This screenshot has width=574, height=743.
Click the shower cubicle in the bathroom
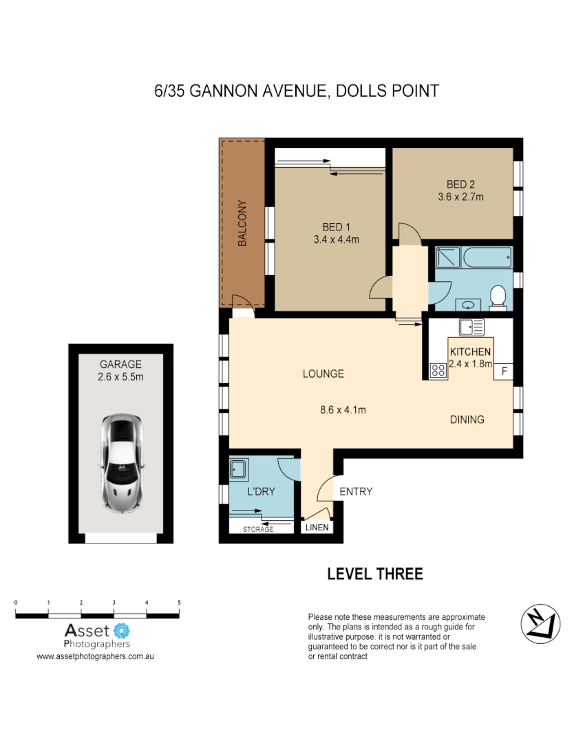tap(447, 259)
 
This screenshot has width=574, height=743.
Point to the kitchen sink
tap(471, 327)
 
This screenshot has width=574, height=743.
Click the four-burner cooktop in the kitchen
tap(438, 370)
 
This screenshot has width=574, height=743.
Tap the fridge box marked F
tap(504, 371)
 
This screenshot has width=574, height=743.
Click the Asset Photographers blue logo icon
tap(122, 629)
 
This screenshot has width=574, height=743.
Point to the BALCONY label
tap(242, 224)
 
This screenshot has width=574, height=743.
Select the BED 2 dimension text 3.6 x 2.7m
tap(460, 197)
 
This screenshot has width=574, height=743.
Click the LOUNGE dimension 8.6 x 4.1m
tap(342, 410)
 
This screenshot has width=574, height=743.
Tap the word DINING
tap(467, 419)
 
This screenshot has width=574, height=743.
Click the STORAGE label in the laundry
tap(258, 529)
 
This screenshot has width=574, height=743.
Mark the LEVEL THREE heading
tap(374, 574)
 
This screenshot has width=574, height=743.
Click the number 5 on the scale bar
tap(179, 603)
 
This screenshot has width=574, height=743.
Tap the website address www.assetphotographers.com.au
tap(95, 657)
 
